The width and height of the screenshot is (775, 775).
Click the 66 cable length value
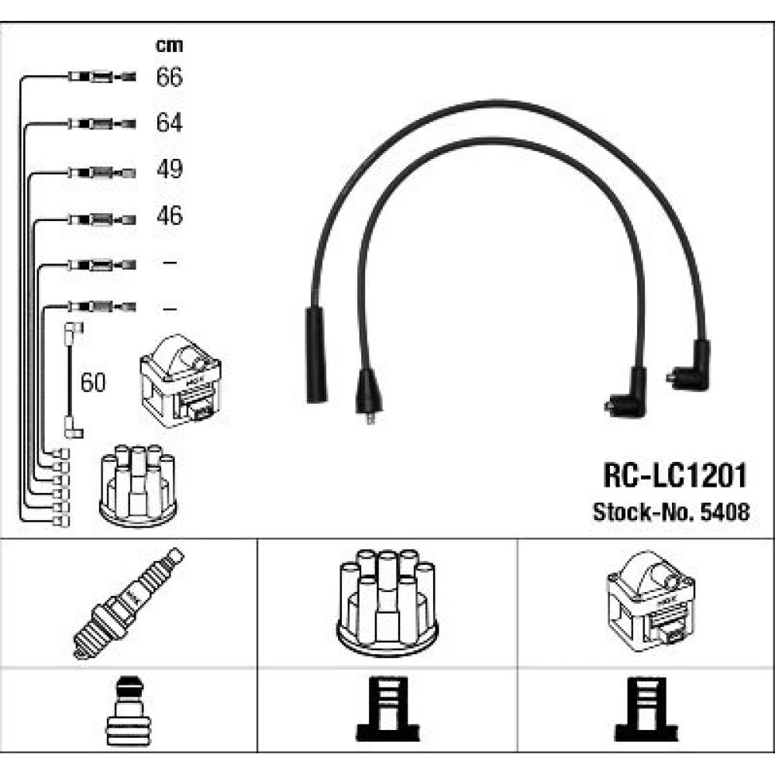coord(169,77)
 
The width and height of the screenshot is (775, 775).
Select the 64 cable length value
coord(169,123)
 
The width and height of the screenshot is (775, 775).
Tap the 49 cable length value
coord(169,170)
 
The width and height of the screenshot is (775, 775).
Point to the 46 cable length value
coord(169,215)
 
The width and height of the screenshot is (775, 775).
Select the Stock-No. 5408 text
coord(670,512)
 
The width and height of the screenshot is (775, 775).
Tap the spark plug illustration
coord(128,602)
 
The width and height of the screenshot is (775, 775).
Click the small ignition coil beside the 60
coord(180,382)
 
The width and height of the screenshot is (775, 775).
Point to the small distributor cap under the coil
coord(138,484)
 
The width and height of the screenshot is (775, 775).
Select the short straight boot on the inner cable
coord(367,391)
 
